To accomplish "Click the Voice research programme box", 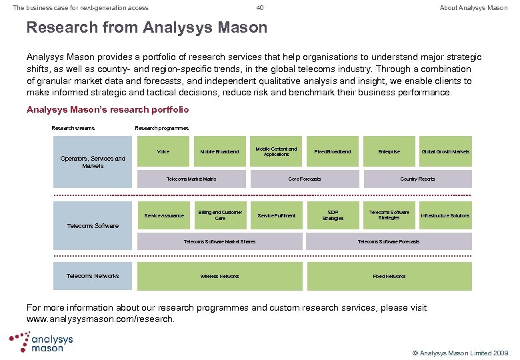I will click(x=163, y=152).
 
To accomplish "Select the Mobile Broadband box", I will click(x=219, y=152).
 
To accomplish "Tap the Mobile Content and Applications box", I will click(x=276, y=152).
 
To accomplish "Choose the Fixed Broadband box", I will click(x=333, y=152).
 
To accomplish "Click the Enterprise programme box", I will click(x=389, y=152).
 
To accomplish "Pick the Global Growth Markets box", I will click(x=445, y=152).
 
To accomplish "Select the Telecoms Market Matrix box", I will click(x=191, y=179).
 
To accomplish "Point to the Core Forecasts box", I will click(x=305, y=179).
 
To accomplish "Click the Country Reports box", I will click(x=417, y=179).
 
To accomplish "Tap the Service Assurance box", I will click(x=164, y=215).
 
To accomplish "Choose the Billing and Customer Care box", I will click(x=219, y=215).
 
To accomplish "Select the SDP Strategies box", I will click(x=333, y=215).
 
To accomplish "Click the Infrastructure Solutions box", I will click(x=445, y=215).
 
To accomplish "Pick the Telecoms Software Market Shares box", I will click(x=219, y=241).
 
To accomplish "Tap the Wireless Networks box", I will click(x=219, y=276).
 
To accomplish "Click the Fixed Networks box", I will click(x=389, y=276).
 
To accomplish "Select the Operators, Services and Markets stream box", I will click(x=93, y=162).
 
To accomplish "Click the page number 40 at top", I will click(x=260, y=8).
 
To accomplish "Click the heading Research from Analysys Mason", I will click(x=147, y=28).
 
